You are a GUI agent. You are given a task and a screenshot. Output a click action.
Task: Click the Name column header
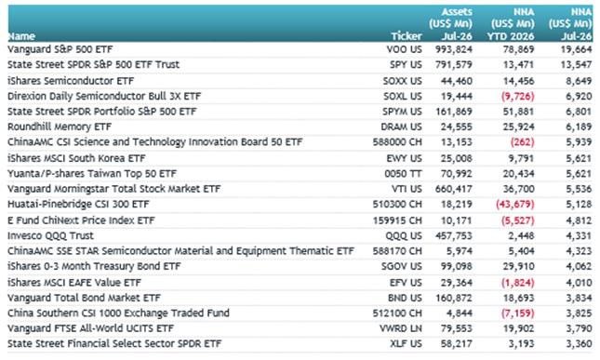point(21,36)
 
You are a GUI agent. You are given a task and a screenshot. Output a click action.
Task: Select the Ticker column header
point(407,36)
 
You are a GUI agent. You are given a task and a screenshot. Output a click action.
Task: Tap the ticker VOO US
point(404,49)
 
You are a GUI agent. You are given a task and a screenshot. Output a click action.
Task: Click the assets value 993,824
point(454,49)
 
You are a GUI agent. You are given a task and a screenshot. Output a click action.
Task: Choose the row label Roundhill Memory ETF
point(60,127)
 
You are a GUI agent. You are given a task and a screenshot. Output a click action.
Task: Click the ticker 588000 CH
point(397,142)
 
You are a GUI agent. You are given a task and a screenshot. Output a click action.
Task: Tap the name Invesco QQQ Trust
point(50,235)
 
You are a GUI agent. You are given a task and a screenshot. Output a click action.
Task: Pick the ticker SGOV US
point(402,266)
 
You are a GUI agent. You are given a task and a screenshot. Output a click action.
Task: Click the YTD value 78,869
point(518,49)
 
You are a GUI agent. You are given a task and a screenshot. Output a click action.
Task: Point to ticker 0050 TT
point(404,174)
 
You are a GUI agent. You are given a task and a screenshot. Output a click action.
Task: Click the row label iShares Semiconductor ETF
point(71,81)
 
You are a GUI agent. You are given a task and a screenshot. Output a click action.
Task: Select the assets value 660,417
point(454,189)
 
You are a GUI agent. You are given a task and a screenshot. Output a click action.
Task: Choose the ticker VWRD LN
point(401,328)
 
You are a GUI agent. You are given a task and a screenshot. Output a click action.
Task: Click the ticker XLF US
point(406,344)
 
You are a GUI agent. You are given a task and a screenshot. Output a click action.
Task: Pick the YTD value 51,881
point(518,112)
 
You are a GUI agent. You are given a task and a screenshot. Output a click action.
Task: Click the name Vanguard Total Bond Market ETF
point(84,298)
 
